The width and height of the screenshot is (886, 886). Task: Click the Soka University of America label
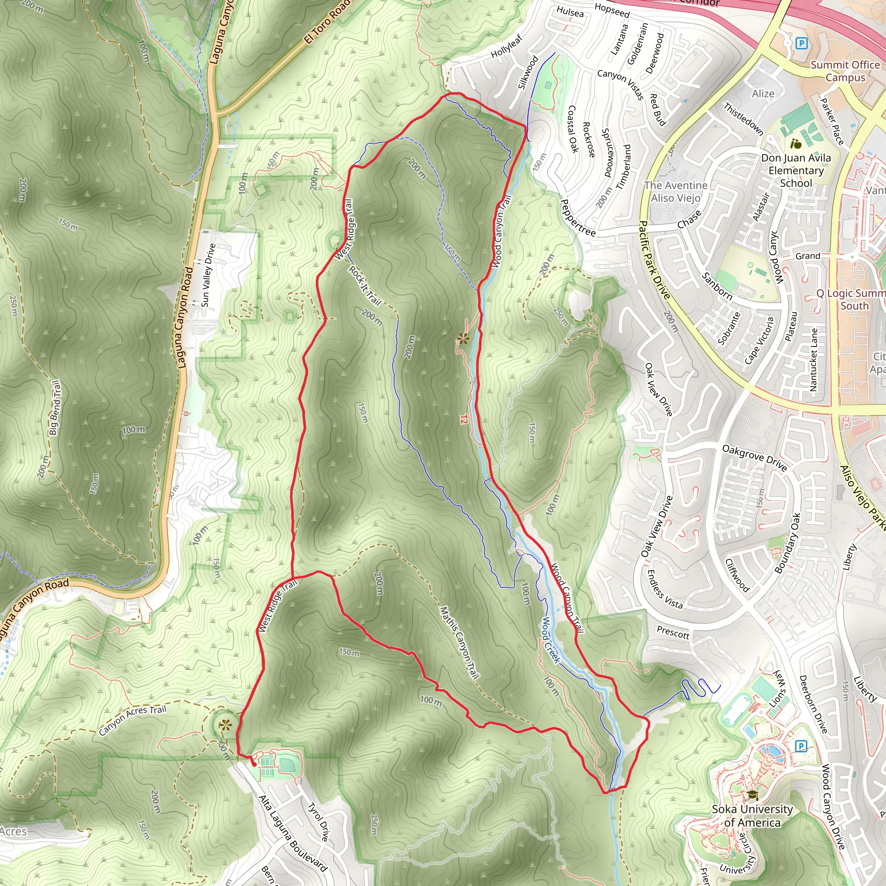tap(752, 816)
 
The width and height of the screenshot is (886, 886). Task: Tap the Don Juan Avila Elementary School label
tap(796, 170)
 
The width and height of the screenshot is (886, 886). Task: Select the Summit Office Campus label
tap(845, 71)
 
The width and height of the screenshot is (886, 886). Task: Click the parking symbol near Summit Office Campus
tap(801, 44)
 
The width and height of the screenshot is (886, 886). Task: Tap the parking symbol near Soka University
tap(800, 746)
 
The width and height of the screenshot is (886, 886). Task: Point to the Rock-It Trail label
tap(365, 285)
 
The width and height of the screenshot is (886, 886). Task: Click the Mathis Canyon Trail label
tap(459, 642)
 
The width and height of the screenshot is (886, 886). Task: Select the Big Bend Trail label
tap(55, 407)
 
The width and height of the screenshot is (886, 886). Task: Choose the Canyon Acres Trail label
tap(132, 720)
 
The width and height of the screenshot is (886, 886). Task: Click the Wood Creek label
tap(551, 640)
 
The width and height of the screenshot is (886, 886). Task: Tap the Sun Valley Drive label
tap(208, 275)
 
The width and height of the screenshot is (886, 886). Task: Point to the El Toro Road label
tap(327, 22)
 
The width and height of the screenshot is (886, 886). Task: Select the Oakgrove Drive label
tap(754, 457)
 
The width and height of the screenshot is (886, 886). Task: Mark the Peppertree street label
tap(578, 218)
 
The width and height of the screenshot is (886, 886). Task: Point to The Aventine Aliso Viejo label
tap(675, 192)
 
